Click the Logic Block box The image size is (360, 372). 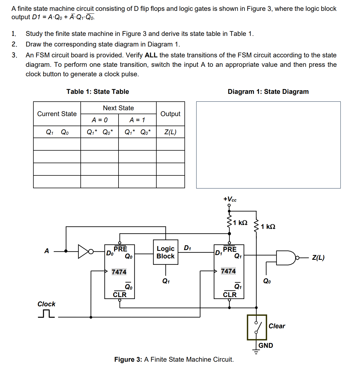click(x=166, y=252)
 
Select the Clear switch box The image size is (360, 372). click(x=257, y=327)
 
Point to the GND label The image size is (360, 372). click(x=266, y=346)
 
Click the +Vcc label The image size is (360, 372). click(x=230, y=199)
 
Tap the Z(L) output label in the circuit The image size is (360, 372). click(x=318, y=258)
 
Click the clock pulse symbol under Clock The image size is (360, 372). click(x=46, y=314)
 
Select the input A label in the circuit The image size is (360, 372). click(x=47, y=251)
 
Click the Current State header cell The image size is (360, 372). click(x=57, y=114)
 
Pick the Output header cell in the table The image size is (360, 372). click(x=170, y=114)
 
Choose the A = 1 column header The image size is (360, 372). click(x=137, y=120)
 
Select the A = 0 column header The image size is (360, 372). click(x=100, y=120)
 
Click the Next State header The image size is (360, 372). click(x=118, y=108)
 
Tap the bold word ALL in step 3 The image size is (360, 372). click(x=151, y=55)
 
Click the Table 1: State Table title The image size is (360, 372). click(x=98, y=92)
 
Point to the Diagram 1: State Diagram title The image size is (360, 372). click(x=268, y=92)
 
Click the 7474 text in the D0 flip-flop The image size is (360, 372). click(x=119, y=272)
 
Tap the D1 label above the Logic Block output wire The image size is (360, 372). click(x=188, y=248)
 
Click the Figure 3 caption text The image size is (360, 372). click(x=174, y=359)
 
